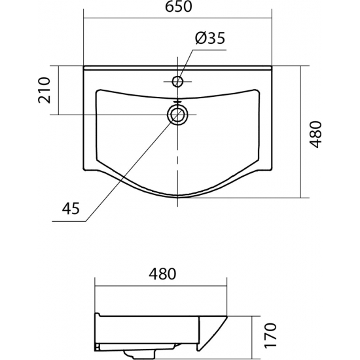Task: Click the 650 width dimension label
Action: click(x=178, y=7)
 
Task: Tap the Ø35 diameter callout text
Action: click(x=210, y=38)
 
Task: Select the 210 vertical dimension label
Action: click(x=44, y=90)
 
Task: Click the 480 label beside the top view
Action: click(x=316, y=134)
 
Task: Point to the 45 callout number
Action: click(x=71, y=208)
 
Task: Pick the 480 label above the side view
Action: click(x=162, y=274)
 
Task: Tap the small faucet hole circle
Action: click(x=177, y=81)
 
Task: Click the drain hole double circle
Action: click(x=177, y=115)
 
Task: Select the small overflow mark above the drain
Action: click(x=177, y=101)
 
